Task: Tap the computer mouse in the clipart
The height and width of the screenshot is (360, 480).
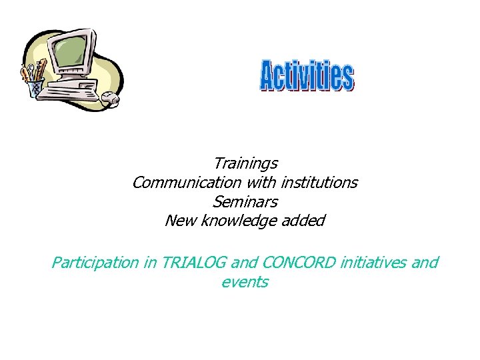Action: tap(110, 99)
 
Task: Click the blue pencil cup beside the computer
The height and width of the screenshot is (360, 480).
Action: tap(35, 88)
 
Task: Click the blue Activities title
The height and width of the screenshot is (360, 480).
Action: tap(306, 76)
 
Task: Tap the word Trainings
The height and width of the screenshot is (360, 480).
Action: tap(245, 163)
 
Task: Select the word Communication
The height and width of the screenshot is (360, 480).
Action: tap(183, 182)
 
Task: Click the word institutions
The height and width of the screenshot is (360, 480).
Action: tap(319, 182)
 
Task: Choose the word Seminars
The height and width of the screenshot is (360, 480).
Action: tap(245, 201)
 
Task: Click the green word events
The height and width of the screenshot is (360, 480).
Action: tap(244, 282)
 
